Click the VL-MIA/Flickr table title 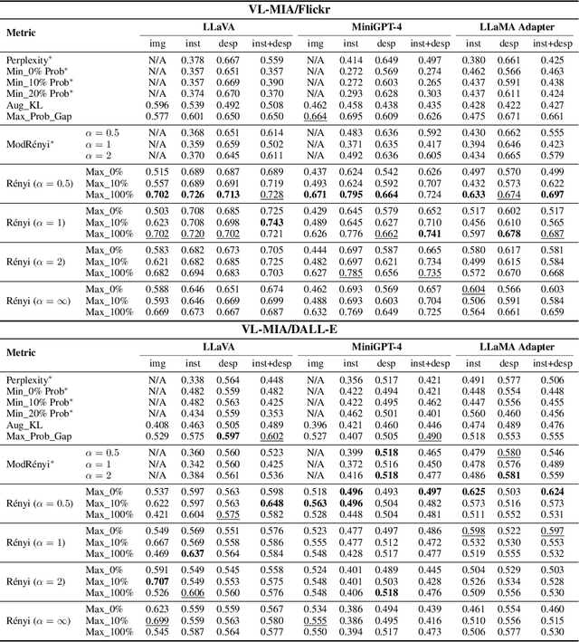point(289,10)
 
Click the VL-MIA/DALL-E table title point(289,327)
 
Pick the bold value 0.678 point(510,234)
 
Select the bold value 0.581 point(510,474)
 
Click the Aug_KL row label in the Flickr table point(24,104)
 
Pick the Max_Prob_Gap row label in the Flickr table point(38,115)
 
